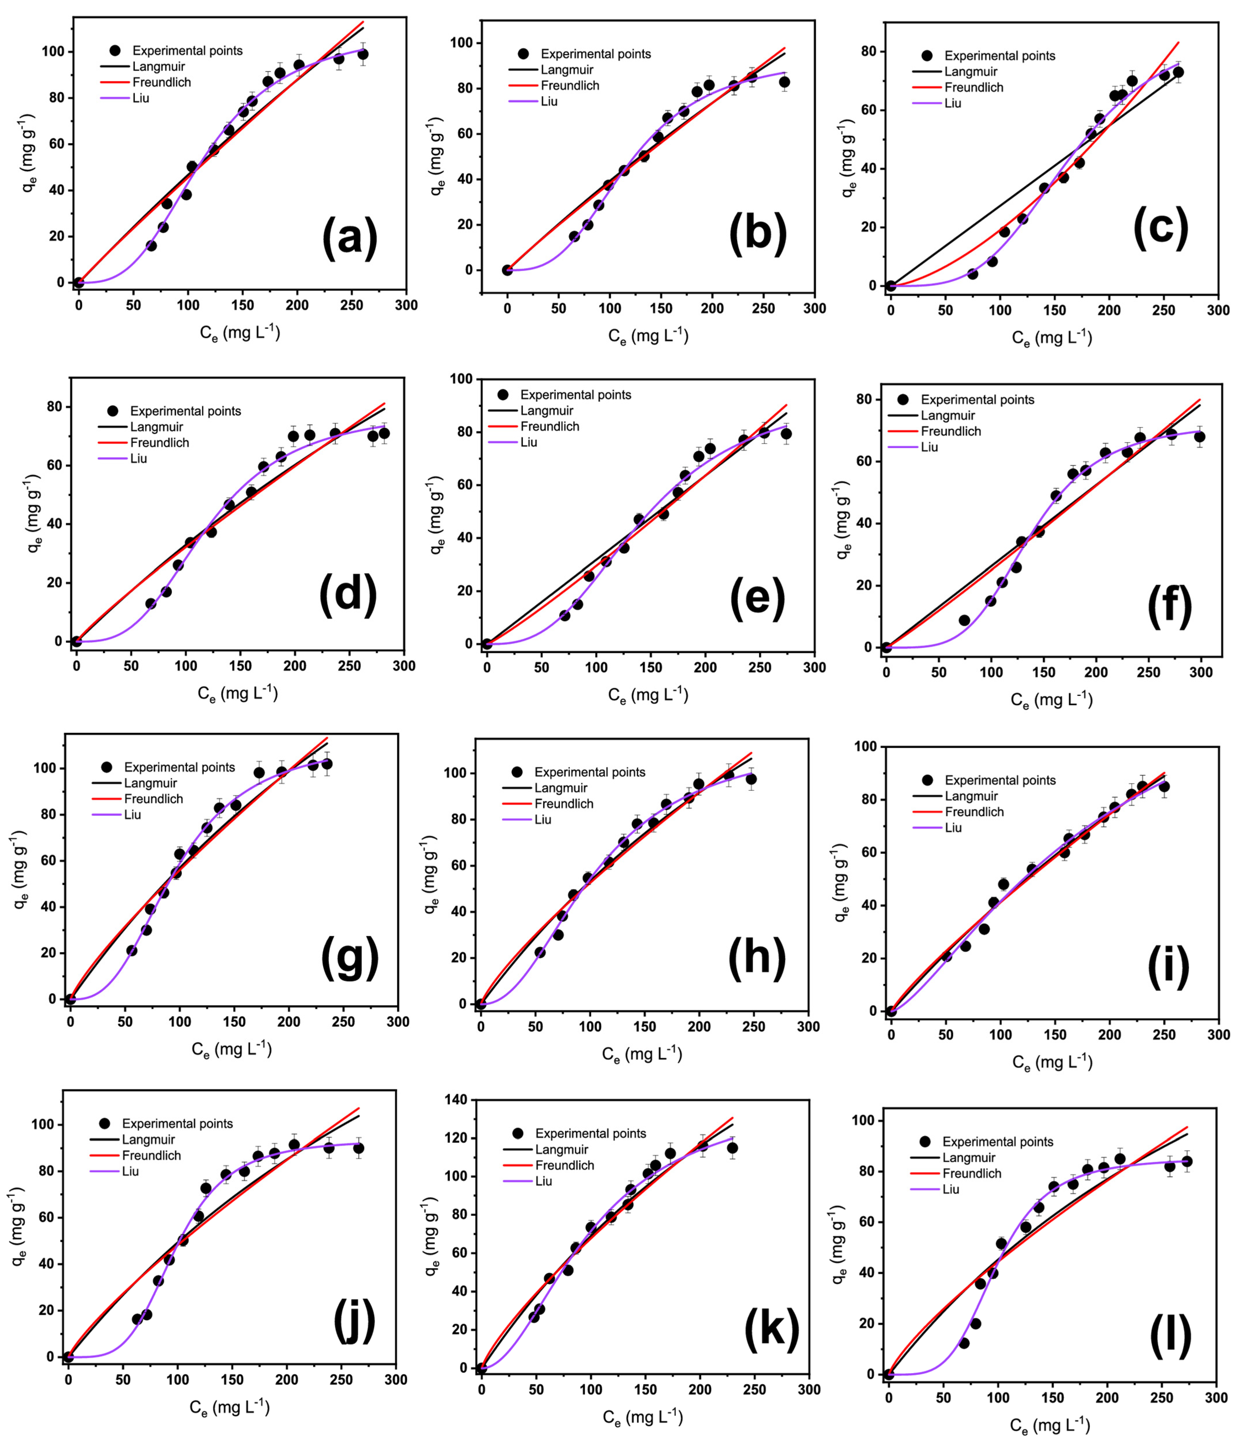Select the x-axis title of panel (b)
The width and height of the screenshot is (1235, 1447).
(648, 336)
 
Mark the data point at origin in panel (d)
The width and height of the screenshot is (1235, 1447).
(77, 641)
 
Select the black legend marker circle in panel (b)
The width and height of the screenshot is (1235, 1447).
(523, 54)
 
